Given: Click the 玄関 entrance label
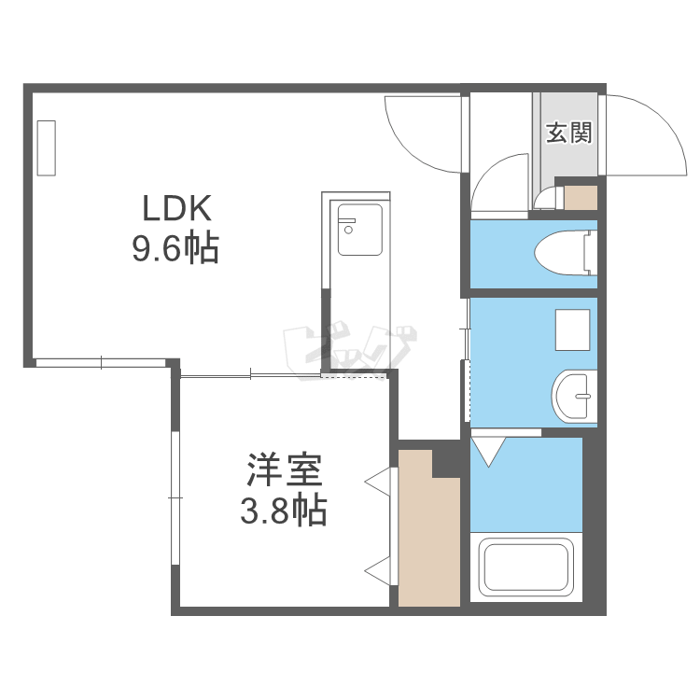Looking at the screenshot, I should [x=568, y=133].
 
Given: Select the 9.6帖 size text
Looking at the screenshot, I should [x=176, y=248].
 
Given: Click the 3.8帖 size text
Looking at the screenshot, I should [x=285, y=511].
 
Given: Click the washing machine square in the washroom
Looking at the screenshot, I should [x=572, y=328].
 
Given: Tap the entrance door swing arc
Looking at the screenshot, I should [x=644, y=131].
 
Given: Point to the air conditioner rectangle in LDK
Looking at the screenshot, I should [x=47, y=147].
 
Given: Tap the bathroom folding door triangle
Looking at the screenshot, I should [x=486, y=451].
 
